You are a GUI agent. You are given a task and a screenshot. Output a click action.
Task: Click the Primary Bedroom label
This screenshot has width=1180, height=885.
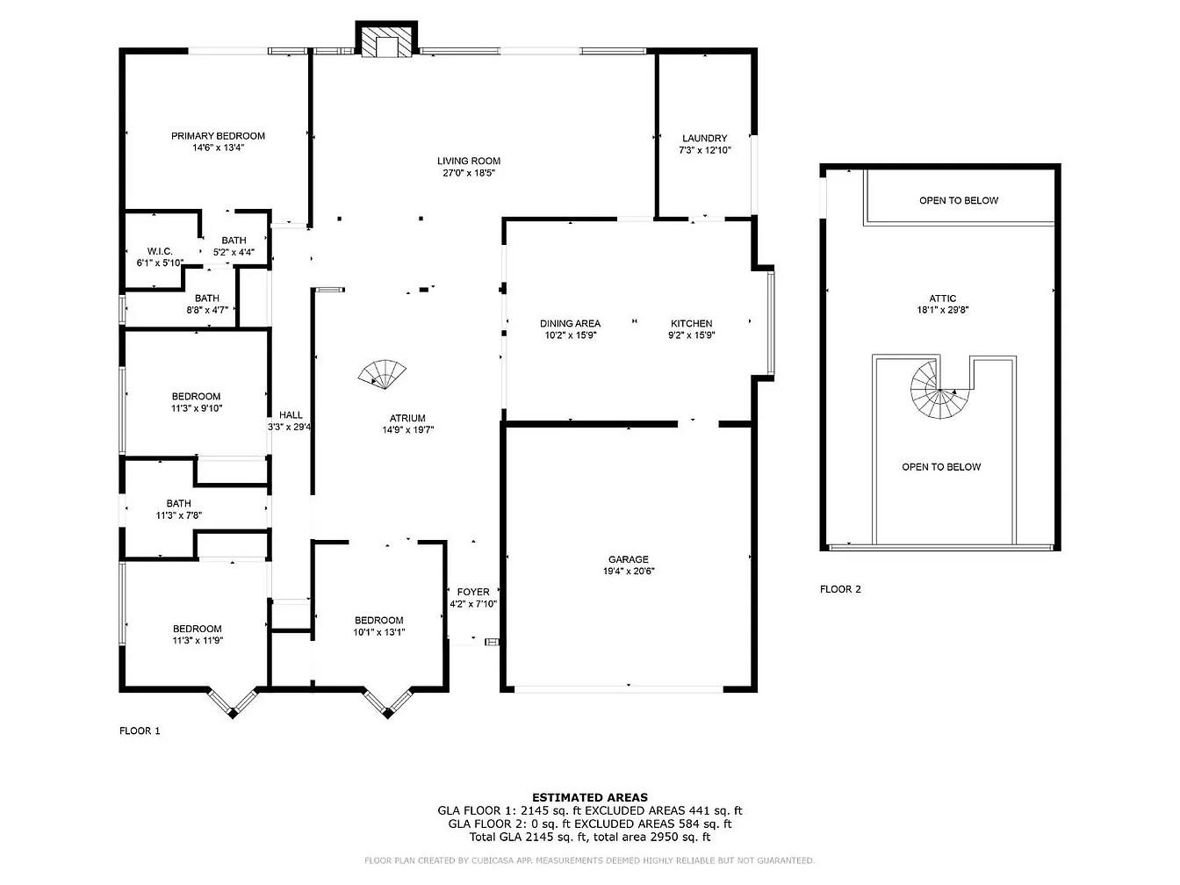[x=218, y=136]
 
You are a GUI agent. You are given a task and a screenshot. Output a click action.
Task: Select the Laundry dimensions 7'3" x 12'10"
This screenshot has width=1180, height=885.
[x=704, y=150]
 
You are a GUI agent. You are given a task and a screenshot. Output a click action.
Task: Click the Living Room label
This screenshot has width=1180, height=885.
[x=469, y=161]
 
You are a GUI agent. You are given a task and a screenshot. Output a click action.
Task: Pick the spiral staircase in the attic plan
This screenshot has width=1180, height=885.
[x=936, y=392]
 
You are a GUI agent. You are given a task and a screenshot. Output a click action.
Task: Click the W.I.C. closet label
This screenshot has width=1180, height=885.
[x=160, y=251]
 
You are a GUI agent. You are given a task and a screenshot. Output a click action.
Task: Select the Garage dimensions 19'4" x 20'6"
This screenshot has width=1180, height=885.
[x=629, y=572]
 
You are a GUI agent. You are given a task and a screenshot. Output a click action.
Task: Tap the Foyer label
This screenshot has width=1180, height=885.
[x=473, y=592]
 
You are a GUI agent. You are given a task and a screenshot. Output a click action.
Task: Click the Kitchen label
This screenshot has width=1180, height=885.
[x=692, y=323]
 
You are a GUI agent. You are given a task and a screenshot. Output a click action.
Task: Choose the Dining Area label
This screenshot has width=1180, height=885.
[x=570, y=323]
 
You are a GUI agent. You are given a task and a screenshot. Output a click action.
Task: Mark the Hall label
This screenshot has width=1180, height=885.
[x=291, y=415]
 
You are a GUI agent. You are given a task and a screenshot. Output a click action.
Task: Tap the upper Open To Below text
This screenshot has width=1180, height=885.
[x=959, y=200]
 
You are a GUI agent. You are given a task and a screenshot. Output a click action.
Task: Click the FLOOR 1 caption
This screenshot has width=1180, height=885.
[x=140, y=730]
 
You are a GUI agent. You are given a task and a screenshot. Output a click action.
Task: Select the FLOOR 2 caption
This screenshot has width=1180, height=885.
[x=840, y=589]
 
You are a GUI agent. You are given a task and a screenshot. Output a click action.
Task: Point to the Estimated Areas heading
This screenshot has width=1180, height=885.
[x=590, y=797]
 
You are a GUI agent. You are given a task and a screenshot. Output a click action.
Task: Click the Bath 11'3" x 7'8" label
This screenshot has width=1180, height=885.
[x=179, y=503]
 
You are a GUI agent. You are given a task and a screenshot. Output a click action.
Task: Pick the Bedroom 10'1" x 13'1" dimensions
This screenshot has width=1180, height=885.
[x=379, y=632]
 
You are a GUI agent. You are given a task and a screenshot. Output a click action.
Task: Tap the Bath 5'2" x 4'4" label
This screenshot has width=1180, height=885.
[x=234, y=241]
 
